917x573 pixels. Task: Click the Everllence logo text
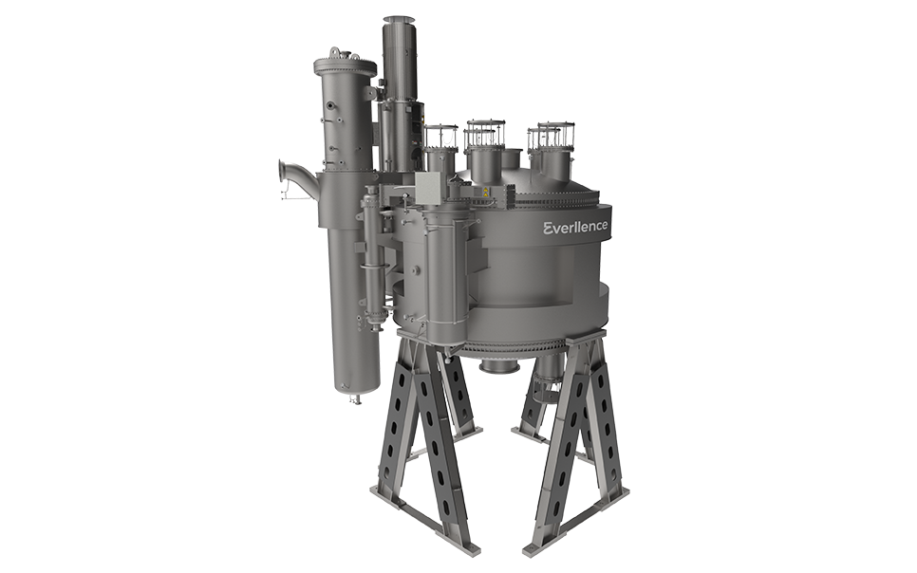(575, 228)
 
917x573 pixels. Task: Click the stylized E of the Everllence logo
(548, 228)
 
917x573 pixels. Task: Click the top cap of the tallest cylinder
(399, 21)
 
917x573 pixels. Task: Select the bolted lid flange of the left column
(345, 65)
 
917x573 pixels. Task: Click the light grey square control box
(429, 189)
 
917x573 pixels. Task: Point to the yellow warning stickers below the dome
(485, 193)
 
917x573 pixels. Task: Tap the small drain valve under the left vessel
(354, 398)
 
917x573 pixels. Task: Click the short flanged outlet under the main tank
(500, 366)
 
